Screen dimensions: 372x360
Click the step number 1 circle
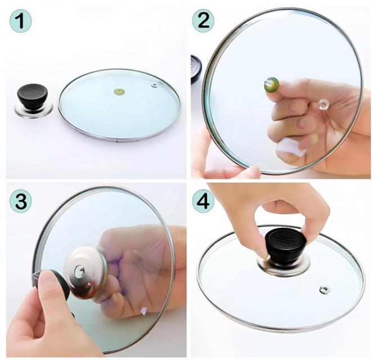pos(21,21)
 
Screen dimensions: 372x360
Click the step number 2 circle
pos(203,20)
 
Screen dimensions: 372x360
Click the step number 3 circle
pos(21,201)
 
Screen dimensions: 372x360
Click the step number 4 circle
pos(203,201)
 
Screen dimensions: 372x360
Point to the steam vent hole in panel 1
pos(155,85)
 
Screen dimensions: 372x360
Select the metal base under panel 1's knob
pos(34,109)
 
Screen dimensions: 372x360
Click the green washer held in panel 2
pos(271,84)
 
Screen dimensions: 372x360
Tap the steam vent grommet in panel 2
pos(323,104)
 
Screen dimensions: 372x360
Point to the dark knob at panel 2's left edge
pos(196,68)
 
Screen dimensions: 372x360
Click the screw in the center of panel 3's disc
pos(79,271)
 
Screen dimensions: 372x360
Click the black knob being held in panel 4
pos(285,245)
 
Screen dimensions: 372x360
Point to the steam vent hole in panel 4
pos(324,290)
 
